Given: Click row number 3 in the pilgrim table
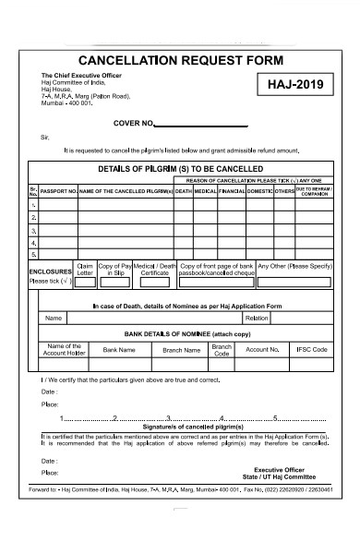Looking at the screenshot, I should tap(34, 230).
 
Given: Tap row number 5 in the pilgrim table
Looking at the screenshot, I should tap(34, 254).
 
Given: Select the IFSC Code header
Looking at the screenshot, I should tap(312, 350).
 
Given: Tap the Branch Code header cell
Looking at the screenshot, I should tap(222, 350).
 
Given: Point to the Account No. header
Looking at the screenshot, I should tap(262, 350).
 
